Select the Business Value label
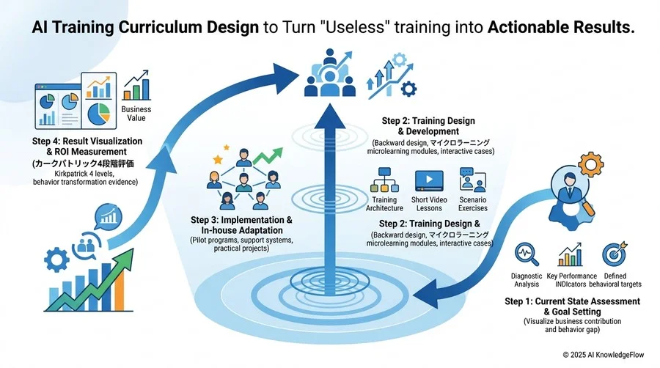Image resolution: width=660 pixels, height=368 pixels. pyautogui.click(x=136, y=114)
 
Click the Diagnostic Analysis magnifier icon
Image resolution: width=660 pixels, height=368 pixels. pyautogui.click(x=527, y=254)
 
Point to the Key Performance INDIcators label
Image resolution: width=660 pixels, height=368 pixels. pyautogui.click(x=571, y=280)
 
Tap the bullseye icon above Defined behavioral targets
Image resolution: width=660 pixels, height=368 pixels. pyautogui.click(x=615, y=254)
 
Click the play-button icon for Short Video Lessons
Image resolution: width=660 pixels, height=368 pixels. pyautogui.click(x=429, y=181)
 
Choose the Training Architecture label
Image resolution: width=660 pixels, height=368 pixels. pyautogui.click(x=384, y=204)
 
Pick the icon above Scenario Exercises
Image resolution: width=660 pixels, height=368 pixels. pyautogui.click(x=473, y=180)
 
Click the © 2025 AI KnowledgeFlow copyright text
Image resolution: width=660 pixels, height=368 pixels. pyautogui.click(x=604, y=355)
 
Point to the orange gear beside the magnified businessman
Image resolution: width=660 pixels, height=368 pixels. pyautogui.click(x=591, y=164)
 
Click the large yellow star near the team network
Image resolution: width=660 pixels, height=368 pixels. pyautogui.click(x=218, y=159)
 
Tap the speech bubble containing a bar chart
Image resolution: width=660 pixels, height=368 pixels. pyautogui.click(x=109, y=217)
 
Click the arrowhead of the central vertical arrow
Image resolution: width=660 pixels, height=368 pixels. pyautogui.click(x=329, y=116)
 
